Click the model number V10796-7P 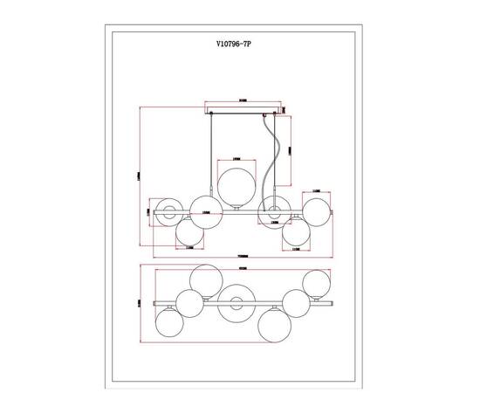click(x=240, y=41)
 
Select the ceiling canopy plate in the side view click(x=245, y=111)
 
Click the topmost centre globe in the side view click(x=236, y=186)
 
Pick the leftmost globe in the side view click(x=166, y=212)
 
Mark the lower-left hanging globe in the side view click(x=187, y=232)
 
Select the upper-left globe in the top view click(x=204, y=277)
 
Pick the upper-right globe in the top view click(x=316, y=283)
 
